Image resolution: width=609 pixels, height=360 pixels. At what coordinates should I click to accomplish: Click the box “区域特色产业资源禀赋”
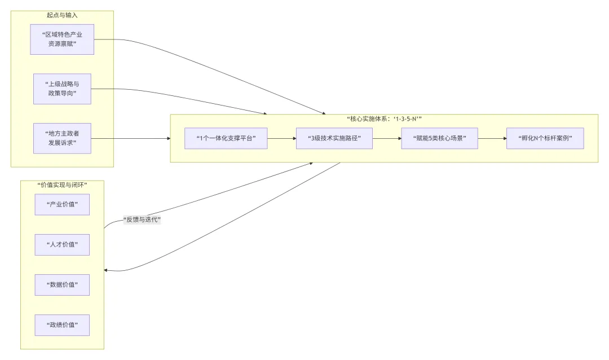[62, 39]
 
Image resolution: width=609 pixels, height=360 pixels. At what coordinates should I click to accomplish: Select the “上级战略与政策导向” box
[62, 89]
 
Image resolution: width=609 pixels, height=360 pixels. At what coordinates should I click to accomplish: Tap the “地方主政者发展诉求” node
[62, 138]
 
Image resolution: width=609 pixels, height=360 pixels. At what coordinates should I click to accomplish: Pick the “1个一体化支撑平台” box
[226, 138]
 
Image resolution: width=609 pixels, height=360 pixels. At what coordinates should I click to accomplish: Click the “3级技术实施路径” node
[334, 138]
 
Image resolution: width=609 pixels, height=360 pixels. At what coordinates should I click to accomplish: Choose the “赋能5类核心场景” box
[439, 138]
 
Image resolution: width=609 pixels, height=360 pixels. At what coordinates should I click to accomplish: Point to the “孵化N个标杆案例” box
[545, 138]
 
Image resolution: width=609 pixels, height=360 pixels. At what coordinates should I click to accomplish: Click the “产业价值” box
[62, 204]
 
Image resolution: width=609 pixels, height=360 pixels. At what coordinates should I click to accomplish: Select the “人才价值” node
[62, 245]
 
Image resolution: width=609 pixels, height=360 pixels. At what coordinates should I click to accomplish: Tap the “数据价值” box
[62, 284]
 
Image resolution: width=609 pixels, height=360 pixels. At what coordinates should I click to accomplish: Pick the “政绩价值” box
[62, 325]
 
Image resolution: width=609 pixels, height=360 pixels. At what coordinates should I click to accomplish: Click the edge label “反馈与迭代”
[142, 220]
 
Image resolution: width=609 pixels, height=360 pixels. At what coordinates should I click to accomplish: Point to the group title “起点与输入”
[62, 15]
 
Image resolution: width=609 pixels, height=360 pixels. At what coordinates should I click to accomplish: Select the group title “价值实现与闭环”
[62, 185]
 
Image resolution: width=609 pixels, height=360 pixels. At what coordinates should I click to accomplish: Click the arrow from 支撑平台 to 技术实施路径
[281, 138]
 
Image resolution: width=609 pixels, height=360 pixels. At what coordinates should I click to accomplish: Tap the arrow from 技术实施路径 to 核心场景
[387, 138]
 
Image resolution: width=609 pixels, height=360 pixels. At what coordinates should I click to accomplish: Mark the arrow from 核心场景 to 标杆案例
[492, 138]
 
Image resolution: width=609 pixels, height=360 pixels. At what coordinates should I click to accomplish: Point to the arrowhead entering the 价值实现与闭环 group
[107, 270]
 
